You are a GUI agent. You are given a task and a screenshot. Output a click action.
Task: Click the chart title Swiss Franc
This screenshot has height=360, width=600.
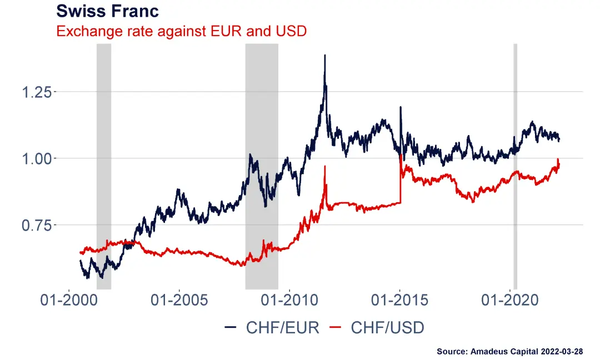point(107,11)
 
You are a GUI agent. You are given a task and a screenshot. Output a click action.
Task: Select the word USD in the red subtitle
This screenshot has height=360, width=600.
point(291,31)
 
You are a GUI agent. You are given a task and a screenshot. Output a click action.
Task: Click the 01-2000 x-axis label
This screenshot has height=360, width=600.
point(69,301)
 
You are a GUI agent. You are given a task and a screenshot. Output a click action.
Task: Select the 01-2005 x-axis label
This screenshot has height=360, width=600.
point(179,301)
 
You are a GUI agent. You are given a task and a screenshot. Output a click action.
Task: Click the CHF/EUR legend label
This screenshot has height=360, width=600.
point(283,328)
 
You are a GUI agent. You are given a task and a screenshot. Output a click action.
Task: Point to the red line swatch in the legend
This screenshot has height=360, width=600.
point(336,328)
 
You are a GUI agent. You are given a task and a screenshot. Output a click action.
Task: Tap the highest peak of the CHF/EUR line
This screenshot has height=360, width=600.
point(325,56)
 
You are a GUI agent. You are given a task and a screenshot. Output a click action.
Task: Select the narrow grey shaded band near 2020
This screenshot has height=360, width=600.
point(515,167)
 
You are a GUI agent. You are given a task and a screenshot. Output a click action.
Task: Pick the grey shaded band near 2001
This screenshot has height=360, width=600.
point(104,167)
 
